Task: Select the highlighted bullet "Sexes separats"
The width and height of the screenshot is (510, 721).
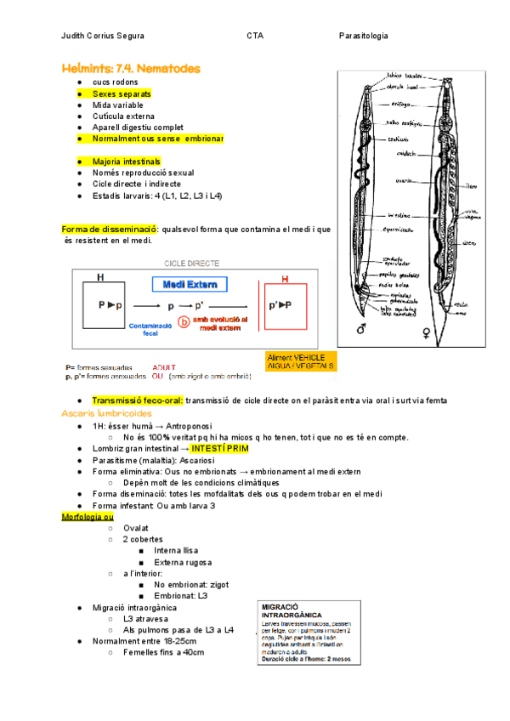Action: [122, 93]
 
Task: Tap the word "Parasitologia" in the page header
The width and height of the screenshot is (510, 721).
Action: [363, 36]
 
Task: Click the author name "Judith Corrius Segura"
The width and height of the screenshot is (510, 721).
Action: [103, 36]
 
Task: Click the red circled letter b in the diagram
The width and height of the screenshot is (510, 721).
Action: [182, 322]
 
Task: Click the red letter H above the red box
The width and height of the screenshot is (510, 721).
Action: [285, 279]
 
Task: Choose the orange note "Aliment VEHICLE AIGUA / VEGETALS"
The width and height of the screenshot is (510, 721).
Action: [301, 361]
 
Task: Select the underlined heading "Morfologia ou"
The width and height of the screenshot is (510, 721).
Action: [88, 516]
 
